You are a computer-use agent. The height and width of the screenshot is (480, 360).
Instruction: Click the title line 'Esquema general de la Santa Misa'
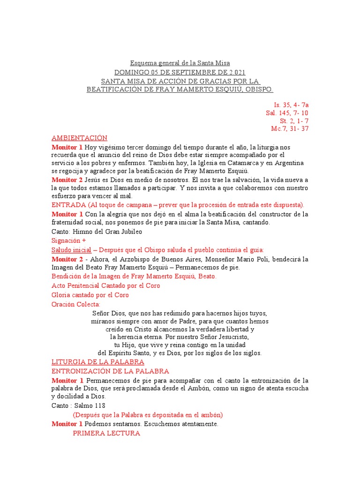[x=180, y=63]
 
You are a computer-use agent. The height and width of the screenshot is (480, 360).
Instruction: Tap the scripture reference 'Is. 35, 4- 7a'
[x=291, y=105]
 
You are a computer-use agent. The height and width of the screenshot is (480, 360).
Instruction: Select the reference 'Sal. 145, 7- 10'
[x=287, y=113]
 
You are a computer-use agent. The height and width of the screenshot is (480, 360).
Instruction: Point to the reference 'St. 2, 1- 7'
[x=294, y=121]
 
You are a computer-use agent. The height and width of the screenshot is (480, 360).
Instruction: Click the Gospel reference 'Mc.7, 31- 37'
[x=290, y=129]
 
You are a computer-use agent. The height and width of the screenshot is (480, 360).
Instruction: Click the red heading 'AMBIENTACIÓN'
[x=79, y=138]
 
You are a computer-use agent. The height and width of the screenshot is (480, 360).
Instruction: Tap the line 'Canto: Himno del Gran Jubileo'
[x=97, y=232]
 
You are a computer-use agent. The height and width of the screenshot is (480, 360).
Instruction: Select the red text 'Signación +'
[x=68, y=240]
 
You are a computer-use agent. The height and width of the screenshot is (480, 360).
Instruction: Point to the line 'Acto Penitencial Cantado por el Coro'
[x=105, y=285]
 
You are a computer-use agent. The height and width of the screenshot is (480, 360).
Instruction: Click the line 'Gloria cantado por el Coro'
[x=90, y=295]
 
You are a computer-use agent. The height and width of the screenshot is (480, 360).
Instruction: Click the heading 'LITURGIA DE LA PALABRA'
[x=97, y=362]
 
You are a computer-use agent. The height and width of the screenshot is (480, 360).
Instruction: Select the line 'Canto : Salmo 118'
[x=78, y=405]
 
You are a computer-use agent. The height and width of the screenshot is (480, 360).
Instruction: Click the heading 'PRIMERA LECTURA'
[x=106, y=434]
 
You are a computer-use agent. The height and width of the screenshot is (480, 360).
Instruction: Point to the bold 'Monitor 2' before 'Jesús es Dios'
[x=67, y=180]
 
